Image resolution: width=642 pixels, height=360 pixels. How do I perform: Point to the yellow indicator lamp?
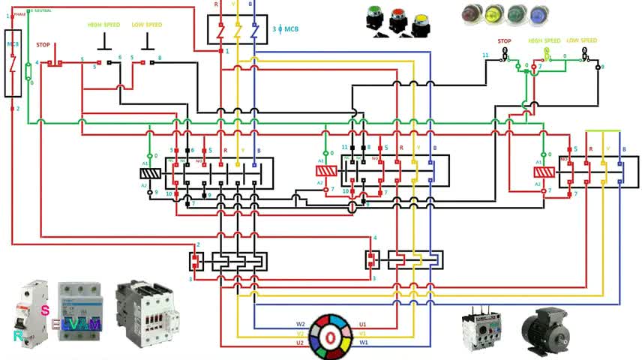pyautogui.click(x=493, y=15)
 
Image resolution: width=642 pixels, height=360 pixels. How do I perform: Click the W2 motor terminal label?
pyautogui.click(x=300, y=325)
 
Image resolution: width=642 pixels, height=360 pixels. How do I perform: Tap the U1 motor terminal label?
pyautogui.click(x=363, y=325)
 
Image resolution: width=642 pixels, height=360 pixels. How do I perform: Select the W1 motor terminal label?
pyautogui.click(x=364, y=343)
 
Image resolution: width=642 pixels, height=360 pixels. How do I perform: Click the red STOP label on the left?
pyautogui.click(x=43, y=44)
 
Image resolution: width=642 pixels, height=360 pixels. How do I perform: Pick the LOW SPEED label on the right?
pyautogui.click(x=582, y=40)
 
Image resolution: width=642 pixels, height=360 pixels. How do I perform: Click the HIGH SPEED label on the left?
pyautogui.click(x=104, y=25)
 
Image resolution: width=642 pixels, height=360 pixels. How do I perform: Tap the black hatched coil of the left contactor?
pyautogui.click(x=151, y=173)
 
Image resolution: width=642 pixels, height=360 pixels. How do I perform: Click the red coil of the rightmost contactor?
pyautogui.click(x=544, y=172)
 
